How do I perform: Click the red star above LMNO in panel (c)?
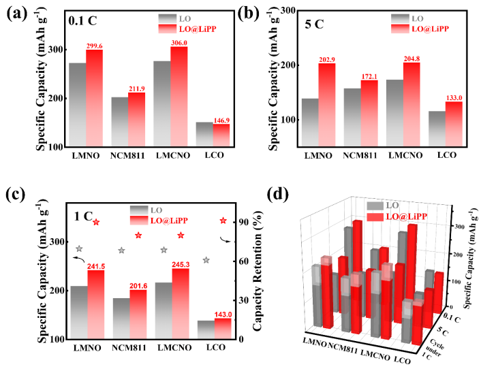pyautogui.click(x=96, y=223)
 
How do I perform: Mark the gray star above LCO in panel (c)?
pyautogui.click(x=206, y=260)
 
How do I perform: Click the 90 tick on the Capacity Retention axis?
pyautogui.click(x=243, y=223)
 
